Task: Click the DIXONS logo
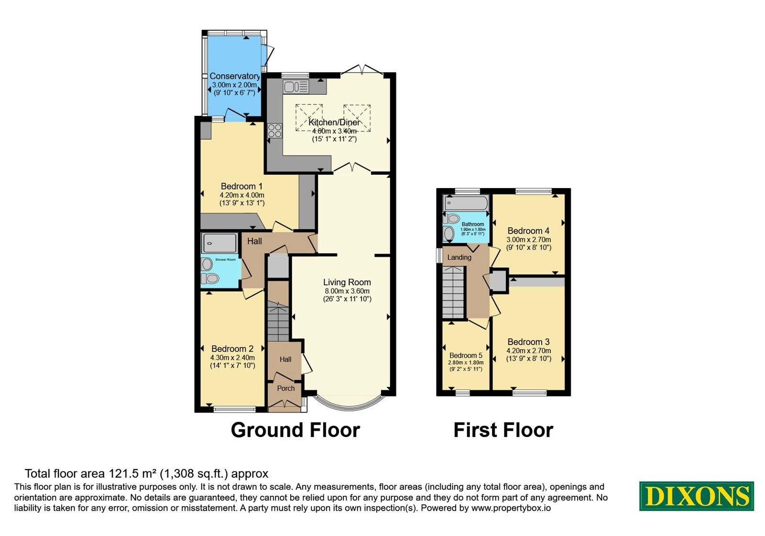tap(696, 496)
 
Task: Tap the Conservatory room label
tap(235, 76)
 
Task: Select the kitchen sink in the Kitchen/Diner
tap(296, 87)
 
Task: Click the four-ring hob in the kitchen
tap(275, 131)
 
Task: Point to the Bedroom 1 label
tap(241, 186)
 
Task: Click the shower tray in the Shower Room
tap(219, 243)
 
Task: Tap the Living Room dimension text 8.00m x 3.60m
tap(347, 291)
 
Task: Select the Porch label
tap(286, 388)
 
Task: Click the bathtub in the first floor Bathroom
tap(466, 203)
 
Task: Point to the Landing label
tap(459, 257)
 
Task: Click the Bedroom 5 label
tap(466, 356)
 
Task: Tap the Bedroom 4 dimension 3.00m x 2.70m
tap(528, 240)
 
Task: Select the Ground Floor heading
tap(295, 430)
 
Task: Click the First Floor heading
tap(503, 430)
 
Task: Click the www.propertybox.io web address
tap(511, 508)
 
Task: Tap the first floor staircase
tap(453, 292)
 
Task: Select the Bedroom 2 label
tap(232, 349)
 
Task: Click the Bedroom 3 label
tap(528, 342)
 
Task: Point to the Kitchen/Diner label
tap(334, 123)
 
